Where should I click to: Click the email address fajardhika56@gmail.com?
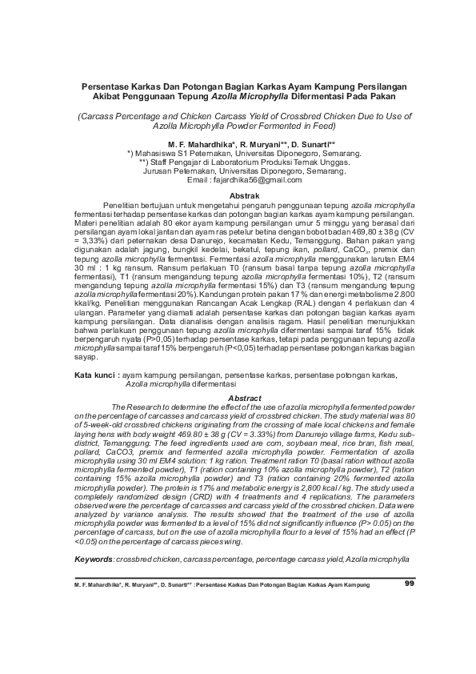259,180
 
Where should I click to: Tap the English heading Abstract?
244,398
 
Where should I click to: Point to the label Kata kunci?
94,375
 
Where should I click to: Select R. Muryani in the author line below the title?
258,142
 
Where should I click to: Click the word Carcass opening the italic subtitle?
95,116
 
